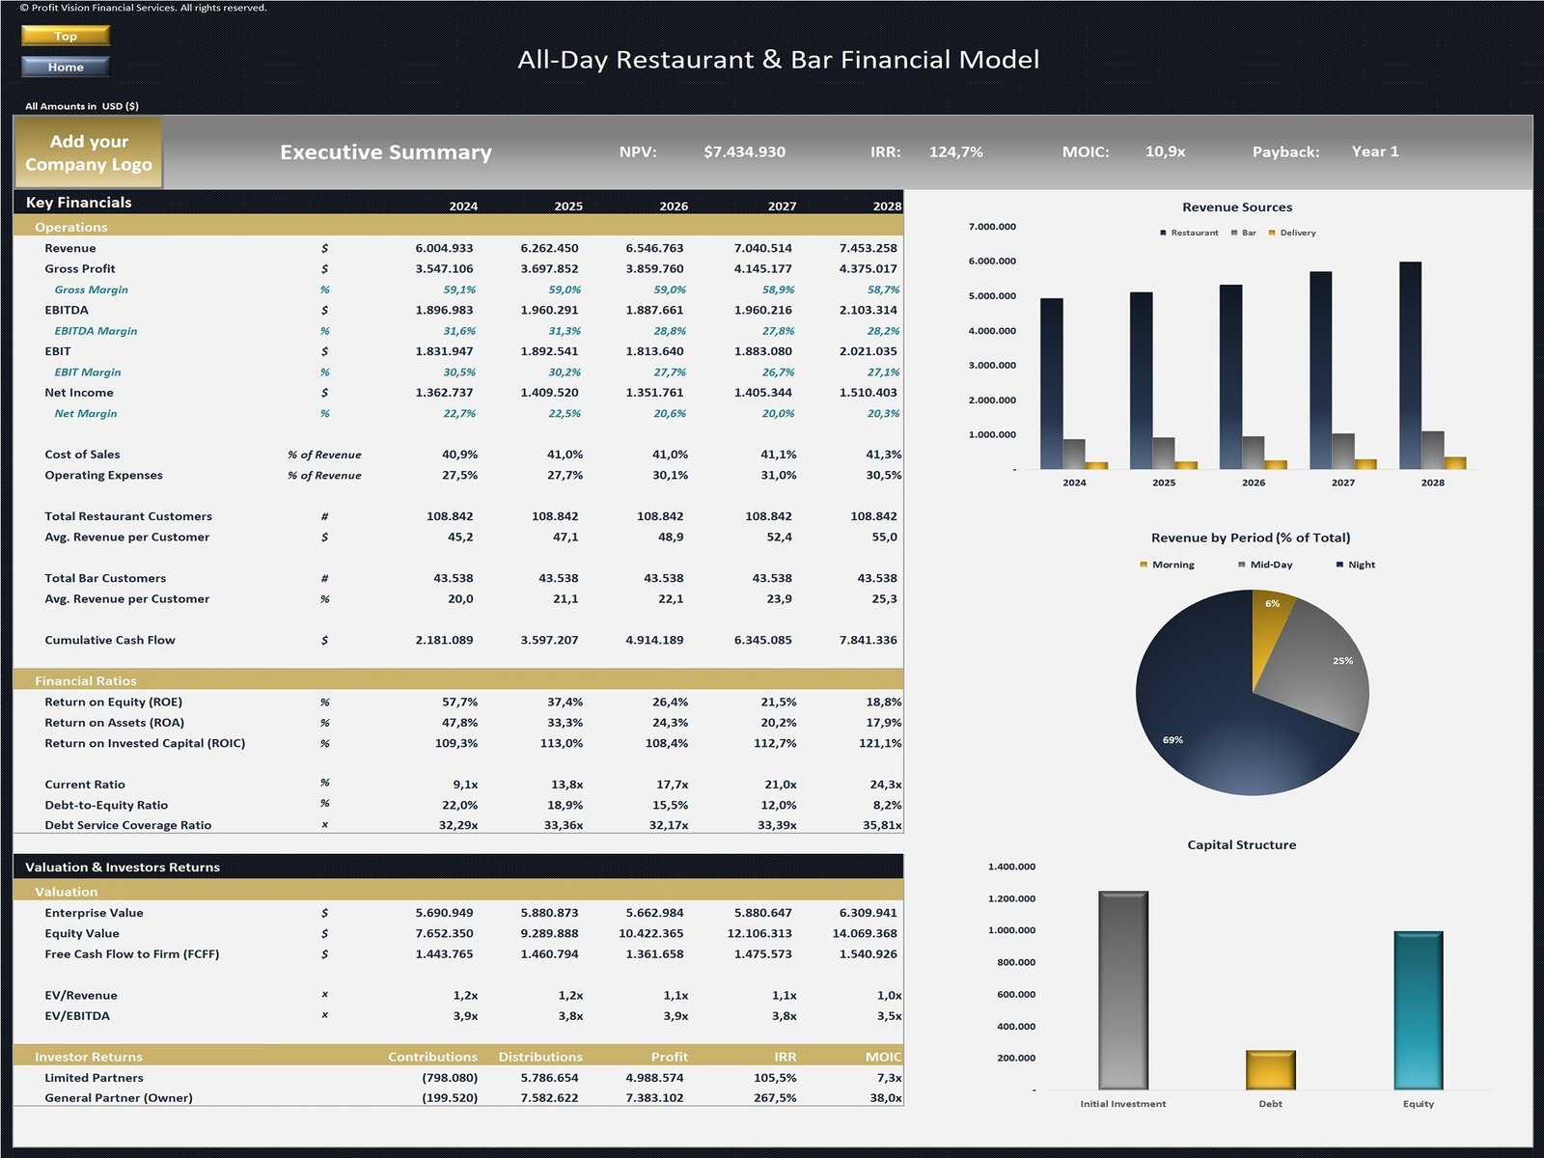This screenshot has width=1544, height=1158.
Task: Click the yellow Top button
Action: click(x=66, y=36)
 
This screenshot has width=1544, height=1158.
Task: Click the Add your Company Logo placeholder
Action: click(x=89, y=152)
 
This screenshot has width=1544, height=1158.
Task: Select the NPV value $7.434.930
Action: click(x=744, y=152)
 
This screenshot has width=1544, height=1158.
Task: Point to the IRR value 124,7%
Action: click(x=955, y=152)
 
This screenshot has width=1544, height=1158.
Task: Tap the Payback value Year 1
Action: click(x=1374, y=152)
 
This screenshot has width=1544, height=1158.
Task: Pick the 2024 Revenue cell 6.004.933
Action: click(x=444, y=248)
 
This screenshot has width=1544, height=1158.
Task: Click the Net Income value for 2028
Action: click(x=868, y=393)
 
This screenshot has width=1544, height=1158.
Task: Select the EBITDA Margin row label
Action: click(x=96, y=331)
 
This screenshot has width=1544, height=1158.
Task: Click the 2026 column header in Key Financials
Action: click(x=673, y=206)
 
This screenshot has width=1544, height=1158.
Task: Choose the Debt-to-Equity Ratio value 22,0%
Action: click(x=459, y=805)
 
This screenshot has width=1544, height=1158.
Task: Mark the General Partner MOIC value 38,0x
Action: click(x=885, y=1098)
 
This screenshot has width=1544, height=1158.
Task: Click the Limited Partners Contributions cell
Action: click(x=450, y=1078)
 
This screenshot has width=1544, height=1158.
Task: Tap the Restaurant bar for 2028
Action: click(x=1410, y=367)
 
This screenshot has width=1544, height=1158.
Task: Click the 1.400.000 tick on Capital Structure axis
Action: click(x=1011, y=867)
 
